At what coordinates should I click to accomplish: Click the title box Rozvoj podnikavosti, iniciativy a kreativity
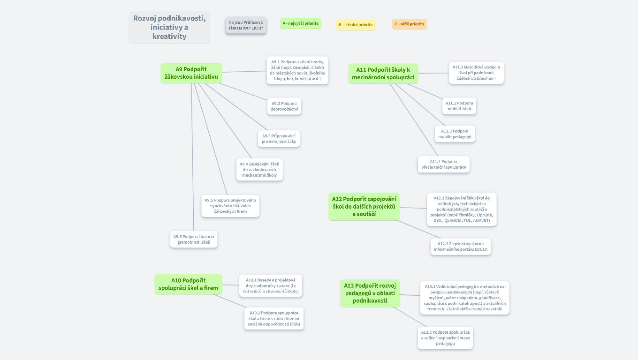click(x=169, y=27)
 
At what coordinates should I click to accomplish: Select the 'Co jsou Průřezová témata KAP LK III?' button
click(x=246, y=25)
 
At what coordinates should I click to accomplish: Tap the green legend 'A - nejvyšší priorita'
click(x=300, y=23)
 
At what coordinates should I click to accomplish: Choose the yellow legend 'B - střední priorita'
click(x=356, y=25)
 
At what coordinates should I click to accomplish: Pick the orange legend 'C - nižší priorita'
click(x=409, y=24)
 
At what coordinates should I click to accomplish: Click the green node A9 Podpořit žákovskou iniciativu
click(x=191, y=73)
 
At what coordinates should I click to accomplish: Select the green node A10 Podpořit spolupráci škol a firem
click(x=188, y=284)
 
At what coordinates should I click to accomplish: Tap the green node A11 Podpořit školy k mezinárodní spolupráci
click(x=383, y=74)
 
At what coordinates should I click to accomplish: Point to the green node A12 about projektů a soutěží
click(x=364, y=206)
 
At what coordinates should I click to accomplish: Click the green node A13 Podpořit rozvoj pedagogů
click(x=370, y=293)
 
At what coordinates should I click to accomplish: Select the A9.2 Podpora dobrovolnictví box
click(x=284, y=106)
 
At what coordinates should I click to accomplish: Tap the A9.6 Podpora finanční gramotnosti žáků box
click(x=194, y=239)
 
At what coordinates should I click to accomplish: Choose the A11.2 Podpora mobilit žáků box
click(x=459, y=106)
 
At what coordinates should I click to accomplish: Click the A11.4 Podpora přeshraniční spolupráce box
click(x=443, y=164)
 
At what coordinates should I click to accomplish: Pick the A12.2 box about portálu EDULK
click(x=461, y=247)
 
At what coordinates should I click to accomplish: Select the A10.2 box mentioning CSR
click(x=274, y=318)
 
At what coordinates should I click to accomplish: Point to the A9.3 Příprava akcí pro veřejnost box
click(x=279, y=139)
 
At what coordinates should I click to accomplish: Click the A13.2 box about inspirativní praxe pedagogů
click(x=445, y=337)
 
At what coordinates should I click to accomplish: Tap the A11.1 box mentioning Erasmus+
click(x=476, y=73)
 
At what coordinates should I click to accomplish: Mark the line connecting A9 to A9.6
click(x=192, y=159)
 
